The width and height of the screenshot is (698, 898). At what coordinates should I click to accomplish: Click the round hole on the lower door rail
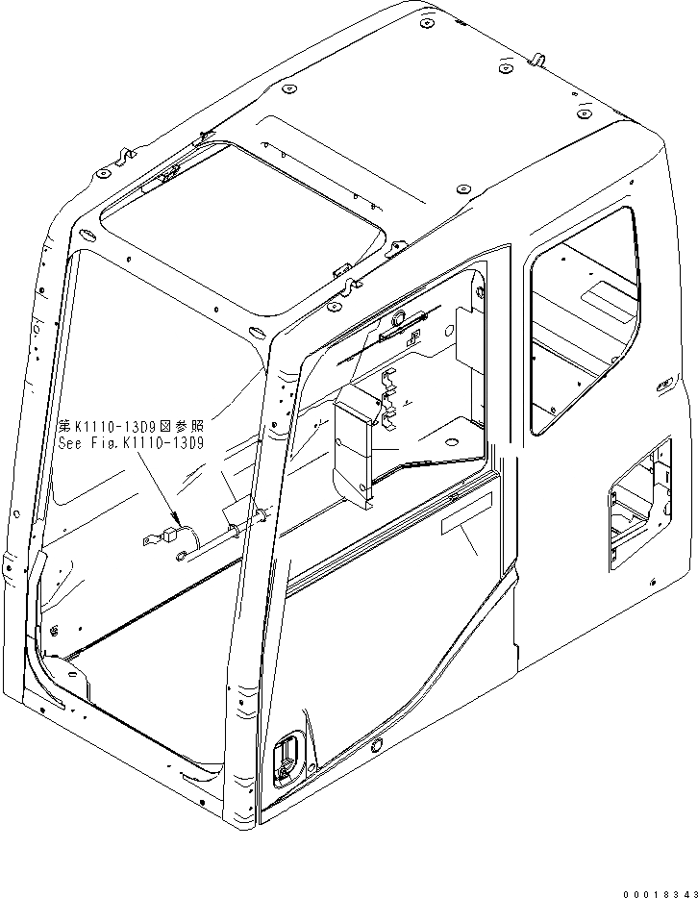pyautogui.click(x=374, y=746)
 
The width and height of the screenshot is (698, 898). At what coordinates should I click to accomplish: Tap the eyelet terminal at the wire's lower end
pyautogui.click(x=181, y=553)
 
